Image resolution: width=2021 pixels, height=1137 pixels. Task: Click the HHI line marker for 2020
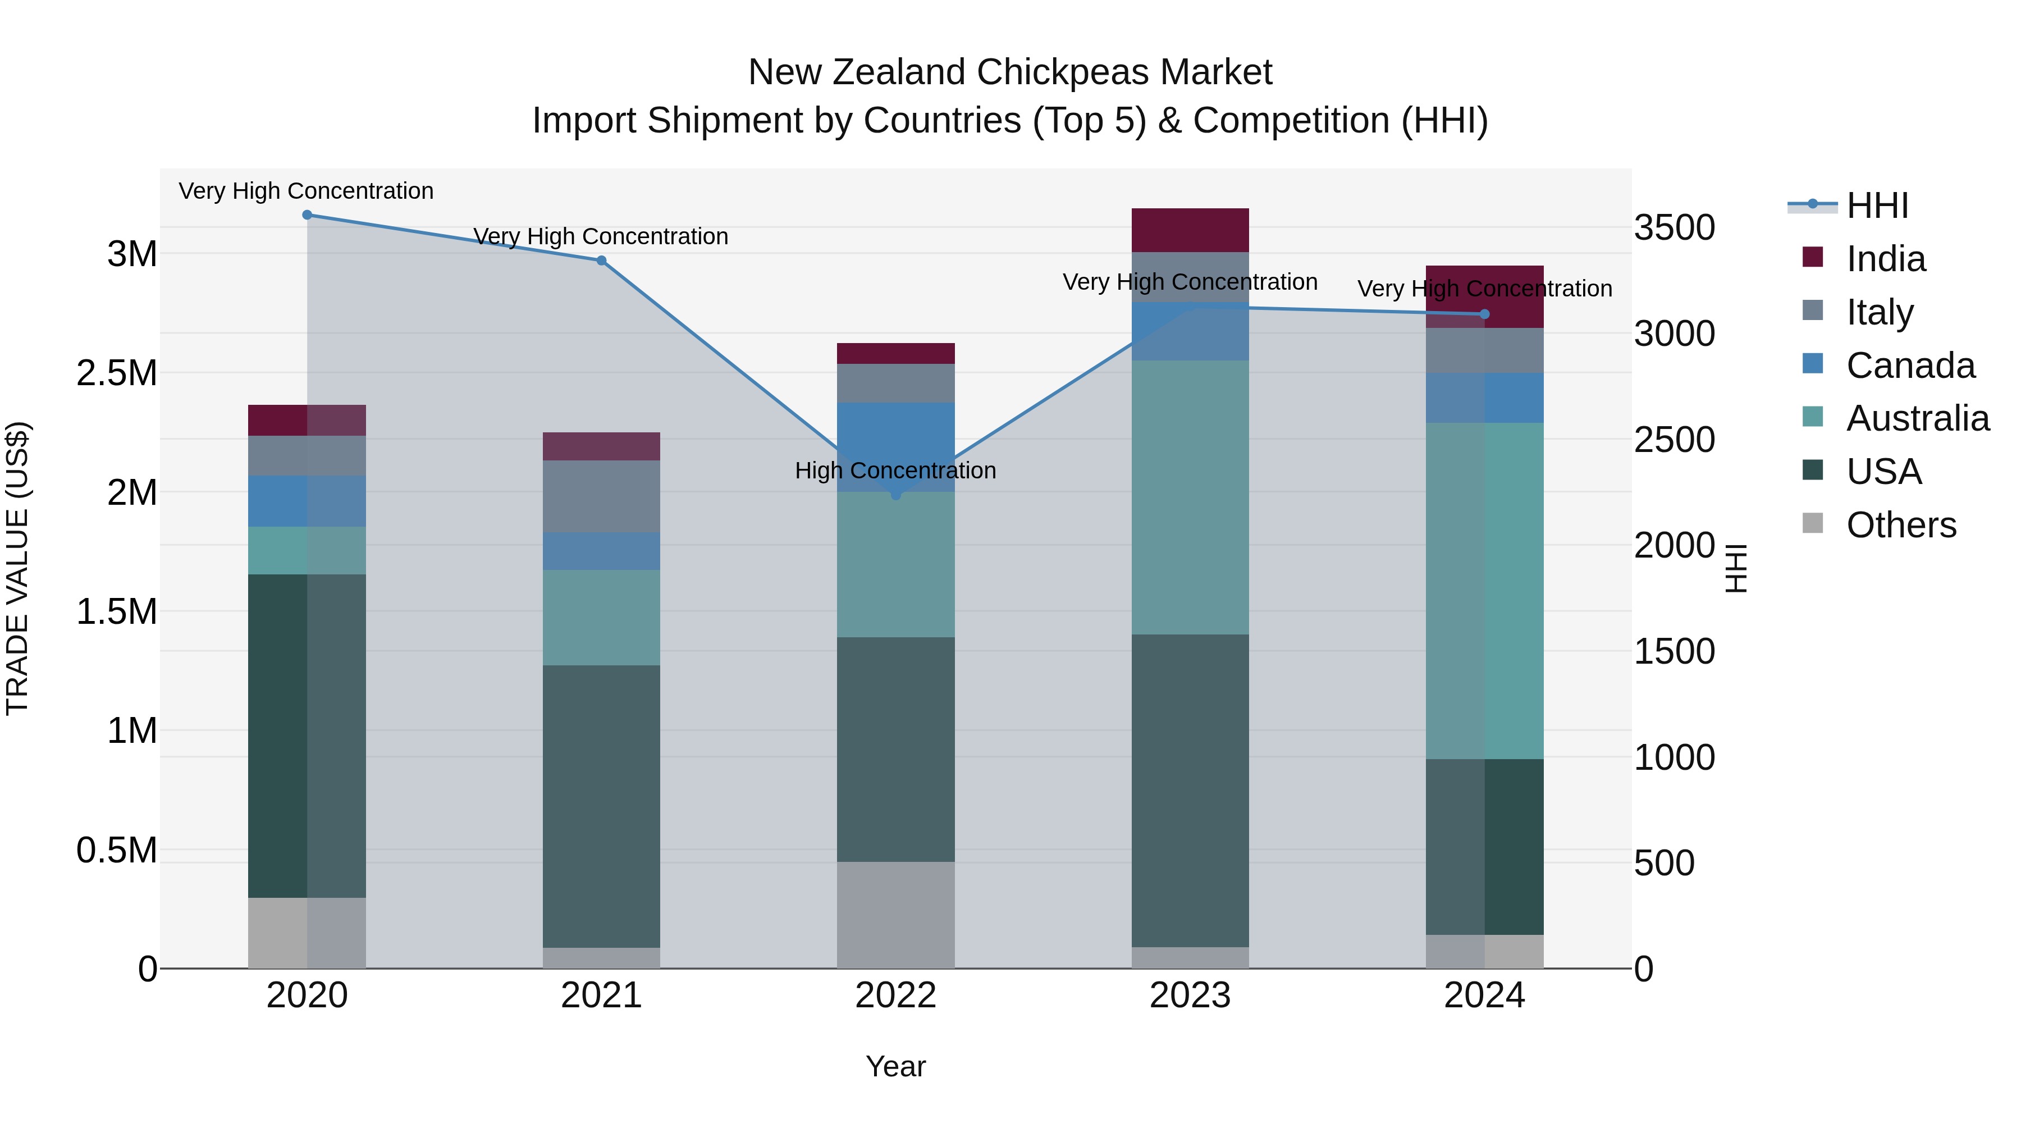point(307,215)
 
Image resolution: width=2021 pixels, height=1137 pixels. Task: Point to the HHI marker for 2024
point(1484,314)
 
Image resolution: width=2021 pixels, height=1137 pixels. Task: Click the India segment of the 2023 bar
point(1190,230)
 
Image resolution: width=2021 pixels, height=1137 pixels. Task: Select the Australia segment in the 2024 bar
point(1484,591)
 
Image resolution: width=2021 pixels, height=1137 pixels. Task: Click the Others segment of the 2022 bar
point(896,915)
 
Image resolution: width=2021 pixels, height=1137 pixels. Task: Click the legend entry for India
point(1885,259)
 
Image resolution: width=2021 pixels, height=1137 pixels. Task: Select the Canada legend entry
point(1910,366)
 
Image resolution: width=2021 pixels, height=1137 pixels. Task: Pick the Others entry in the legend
point(1901,525)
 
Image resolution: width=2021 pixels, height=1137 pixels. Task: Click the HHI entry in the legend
point(1877,206)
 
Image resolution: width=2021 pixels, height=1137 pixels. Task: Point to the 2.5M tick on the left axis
point(116,373)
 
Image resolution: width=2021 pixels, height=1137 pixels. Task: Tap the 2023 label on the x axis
point(1190,996)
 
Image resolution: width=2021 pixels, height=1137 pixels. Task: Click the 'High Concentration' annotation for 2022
point(895,471)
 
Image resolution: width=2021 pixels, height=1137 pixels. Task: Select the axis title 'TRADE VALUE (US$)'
point(17,568)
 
